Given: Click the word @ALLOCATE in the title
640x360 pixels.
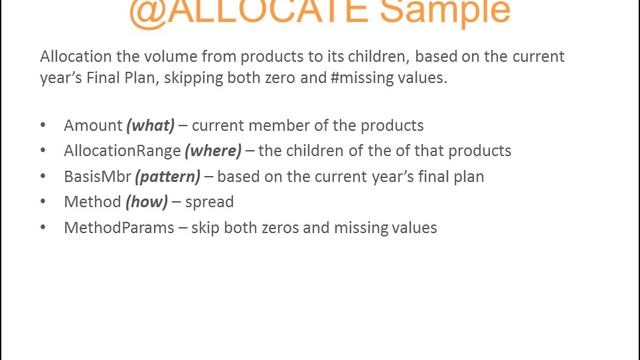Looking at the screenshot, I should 237,12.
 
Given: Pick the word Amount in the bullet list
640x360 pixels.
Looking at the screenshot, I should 93,126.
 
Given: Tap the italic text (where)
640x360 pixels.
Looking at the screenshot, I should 213,151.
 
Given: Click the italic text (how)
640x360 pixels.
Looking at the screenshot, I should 149,202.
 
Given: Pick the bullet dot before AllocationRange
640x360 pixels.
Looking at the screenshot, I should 43,152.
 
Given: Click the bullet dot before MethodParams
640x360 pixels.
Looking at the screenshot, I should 43,228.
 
